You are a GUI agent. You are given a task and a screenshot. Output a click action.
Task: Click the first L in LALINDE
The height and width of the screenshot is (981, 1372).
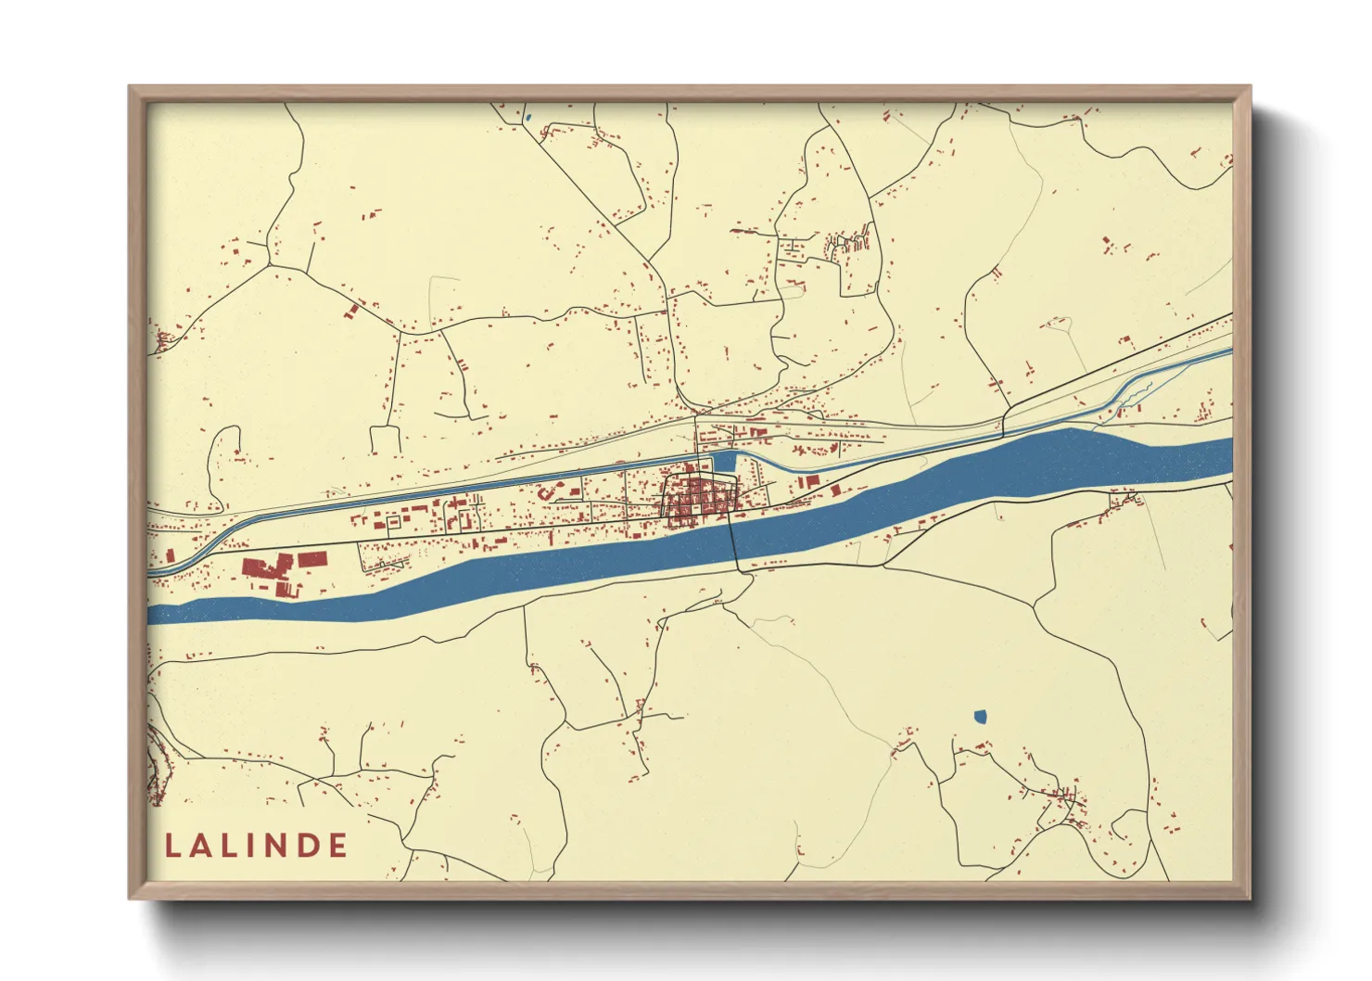[173, 846]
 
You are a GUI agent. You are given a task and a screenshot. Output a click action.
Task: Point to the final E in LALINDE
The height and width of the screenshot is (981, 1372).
[337, 846]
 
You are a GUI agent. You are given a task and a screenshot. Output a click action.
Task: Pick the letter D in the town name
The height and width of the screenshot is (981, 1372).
[309, 846]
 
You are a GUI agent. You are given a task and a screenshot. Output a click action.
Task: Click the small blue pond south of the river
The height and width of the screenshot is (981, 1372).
[981, 716]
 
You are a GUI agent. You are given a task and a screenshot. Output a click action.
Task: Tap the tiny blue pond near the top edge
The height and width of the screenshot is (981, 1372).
[527, 118]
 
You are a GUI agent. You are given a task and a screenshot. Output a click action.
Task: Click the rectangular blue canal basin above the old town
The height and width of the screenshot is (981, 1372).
[723, 462]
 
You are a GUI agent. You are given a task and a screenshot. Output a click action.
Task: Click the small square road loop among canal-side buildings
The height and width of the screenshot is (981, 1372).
[393, 522]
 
